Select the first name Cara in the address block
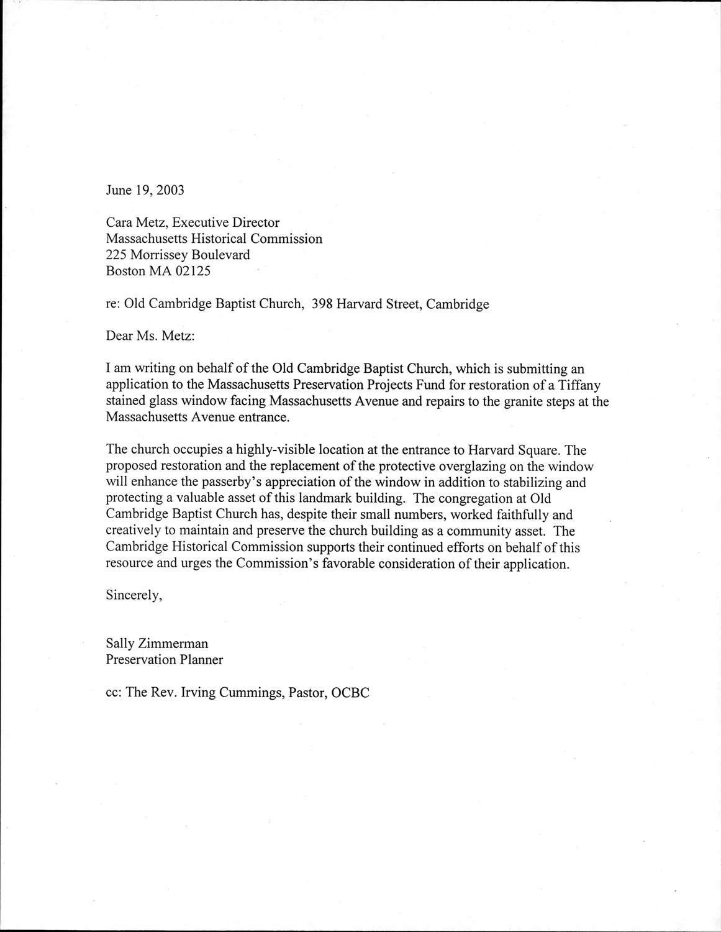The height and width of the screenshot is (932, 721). (119, 222)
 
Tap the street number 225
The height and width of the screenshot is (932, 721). (116, 255)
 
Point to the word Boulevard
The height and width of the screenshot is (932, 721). (221, 255)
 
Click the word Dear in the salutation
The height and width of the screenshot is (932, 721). (119, 336)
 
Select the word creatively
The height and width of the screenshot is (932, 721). (134, 531)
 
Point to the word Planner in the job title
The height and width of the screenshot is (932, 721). (201, 660)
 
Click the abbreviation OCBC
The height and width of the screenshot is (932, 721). (351, 693)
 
